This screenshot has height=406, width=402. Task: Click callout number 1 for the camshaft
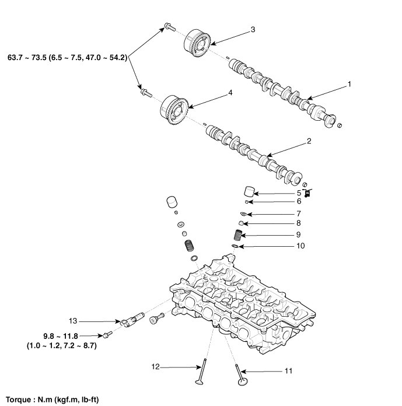(349, 85)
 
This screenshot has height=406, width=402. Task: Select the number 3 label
(253, 29)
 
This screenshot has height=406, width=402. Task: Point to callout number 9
(298, 235)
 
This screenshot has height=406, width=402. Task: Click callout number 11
(273, 370)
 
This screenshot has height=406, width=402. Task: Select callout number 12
(156, 367)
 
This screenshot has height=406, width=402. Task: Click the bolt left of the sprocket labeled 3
(167, 26)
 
